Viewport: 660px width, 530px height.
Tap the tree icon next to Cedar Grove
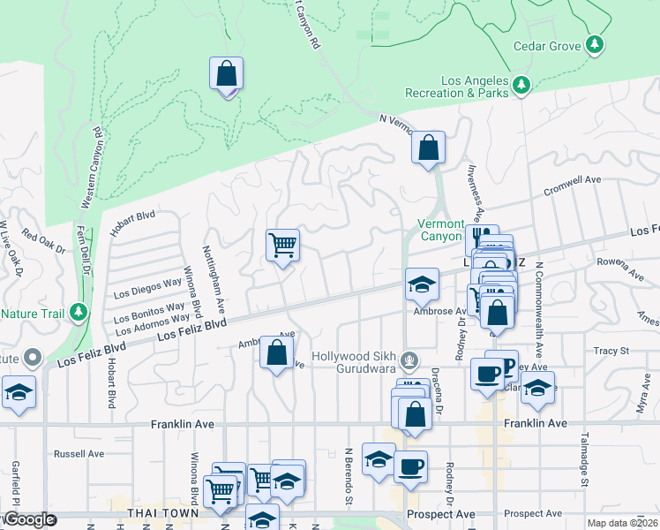click(x=596, y=43)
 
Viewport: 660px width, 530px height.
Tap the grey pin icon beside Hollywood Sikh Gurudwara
click(x=408, y=360)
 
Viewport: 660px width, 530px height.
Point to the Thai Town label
click(x=160, y=513)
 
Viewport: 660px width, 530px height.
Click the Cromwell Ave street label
click(x=572, y=180)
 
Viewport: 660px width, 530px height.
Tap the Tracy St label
click(x=611, y=351)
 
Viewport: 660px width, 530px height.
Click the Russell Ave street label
click(x=79, y=454)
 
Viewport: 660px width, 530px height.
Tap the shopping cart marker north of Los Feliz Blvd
click(x=283, y=246)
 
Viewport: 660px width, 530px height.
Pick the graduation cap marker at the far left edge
click(x=18, y=392)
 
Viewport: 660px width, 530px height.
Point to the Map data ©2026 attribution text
click(x=620, y=523)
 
